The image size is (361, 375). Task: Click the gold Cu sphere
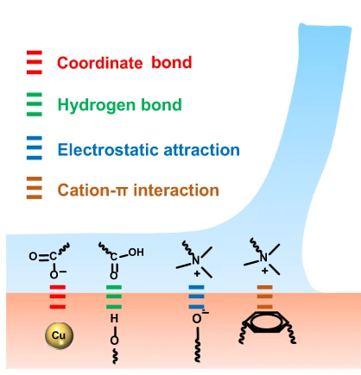tap(60, 335)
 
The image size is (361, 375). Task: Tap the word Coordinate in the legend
tap(100, 63)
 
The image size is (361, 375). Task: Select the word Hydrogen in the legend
tap(96, 105)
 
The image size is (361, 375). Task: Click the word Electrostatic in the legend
tap(108, 150)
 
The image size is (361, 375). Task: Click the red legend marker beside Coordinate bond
tap(35, 62)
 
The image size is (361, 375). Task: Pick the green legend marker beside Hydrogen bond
tap(35, 104)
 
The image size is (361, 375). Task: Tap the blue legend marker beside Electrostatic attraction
tap(35, 148)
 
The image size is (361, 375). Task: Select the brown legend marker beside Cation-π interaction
tap(35, 188)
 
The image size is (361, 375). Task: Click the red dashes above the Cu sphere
tap(58, 297)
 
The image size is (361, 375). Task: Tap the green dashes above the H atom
tap(114, 297)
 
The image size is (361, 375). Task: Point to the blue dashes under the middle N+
tap(197, 297)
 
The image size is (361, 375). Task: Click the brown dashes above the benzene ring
tap(265, 297)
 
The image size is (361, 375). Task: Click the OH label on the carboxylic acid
tap(136, 253)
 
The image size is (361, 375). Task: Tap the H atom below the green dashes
tap(114, 318)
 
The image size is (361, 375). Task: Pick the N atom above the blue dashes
tap(196, 260)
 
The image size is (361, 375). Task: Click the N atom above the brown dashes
tap(263, 257)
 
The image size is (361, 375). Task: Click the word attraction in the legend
tap(201, 150)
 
